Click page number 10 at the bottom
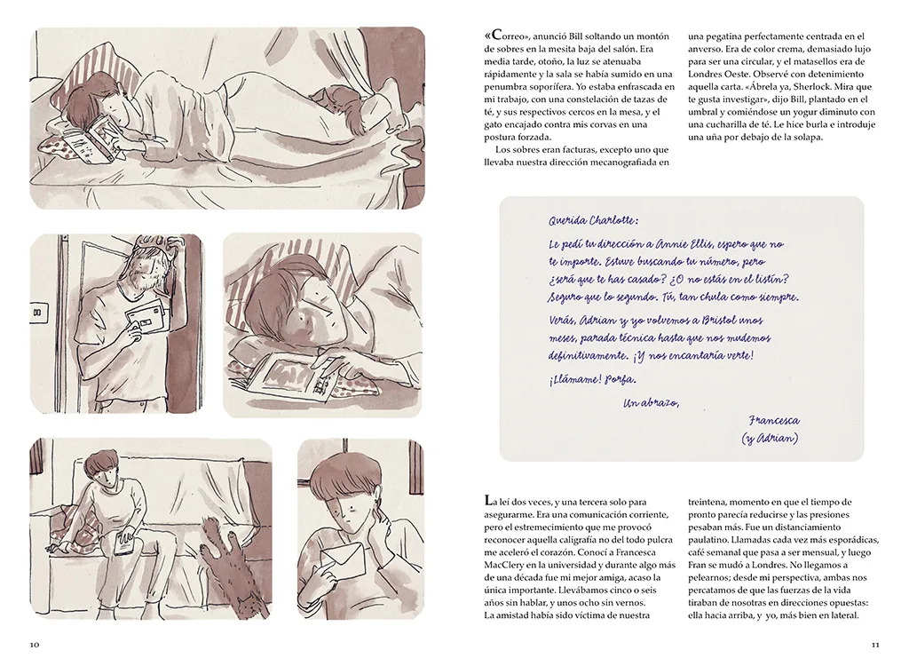point(35,645)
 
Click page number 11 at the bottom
point(875,645)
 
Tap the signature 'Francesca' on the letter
point(774,420)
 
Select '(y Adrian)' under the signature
point(770,438)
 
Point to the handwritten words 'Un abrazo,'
point(651,402)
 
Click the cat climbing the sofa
point(229,572)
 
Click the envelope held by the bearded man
point(148,317)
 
